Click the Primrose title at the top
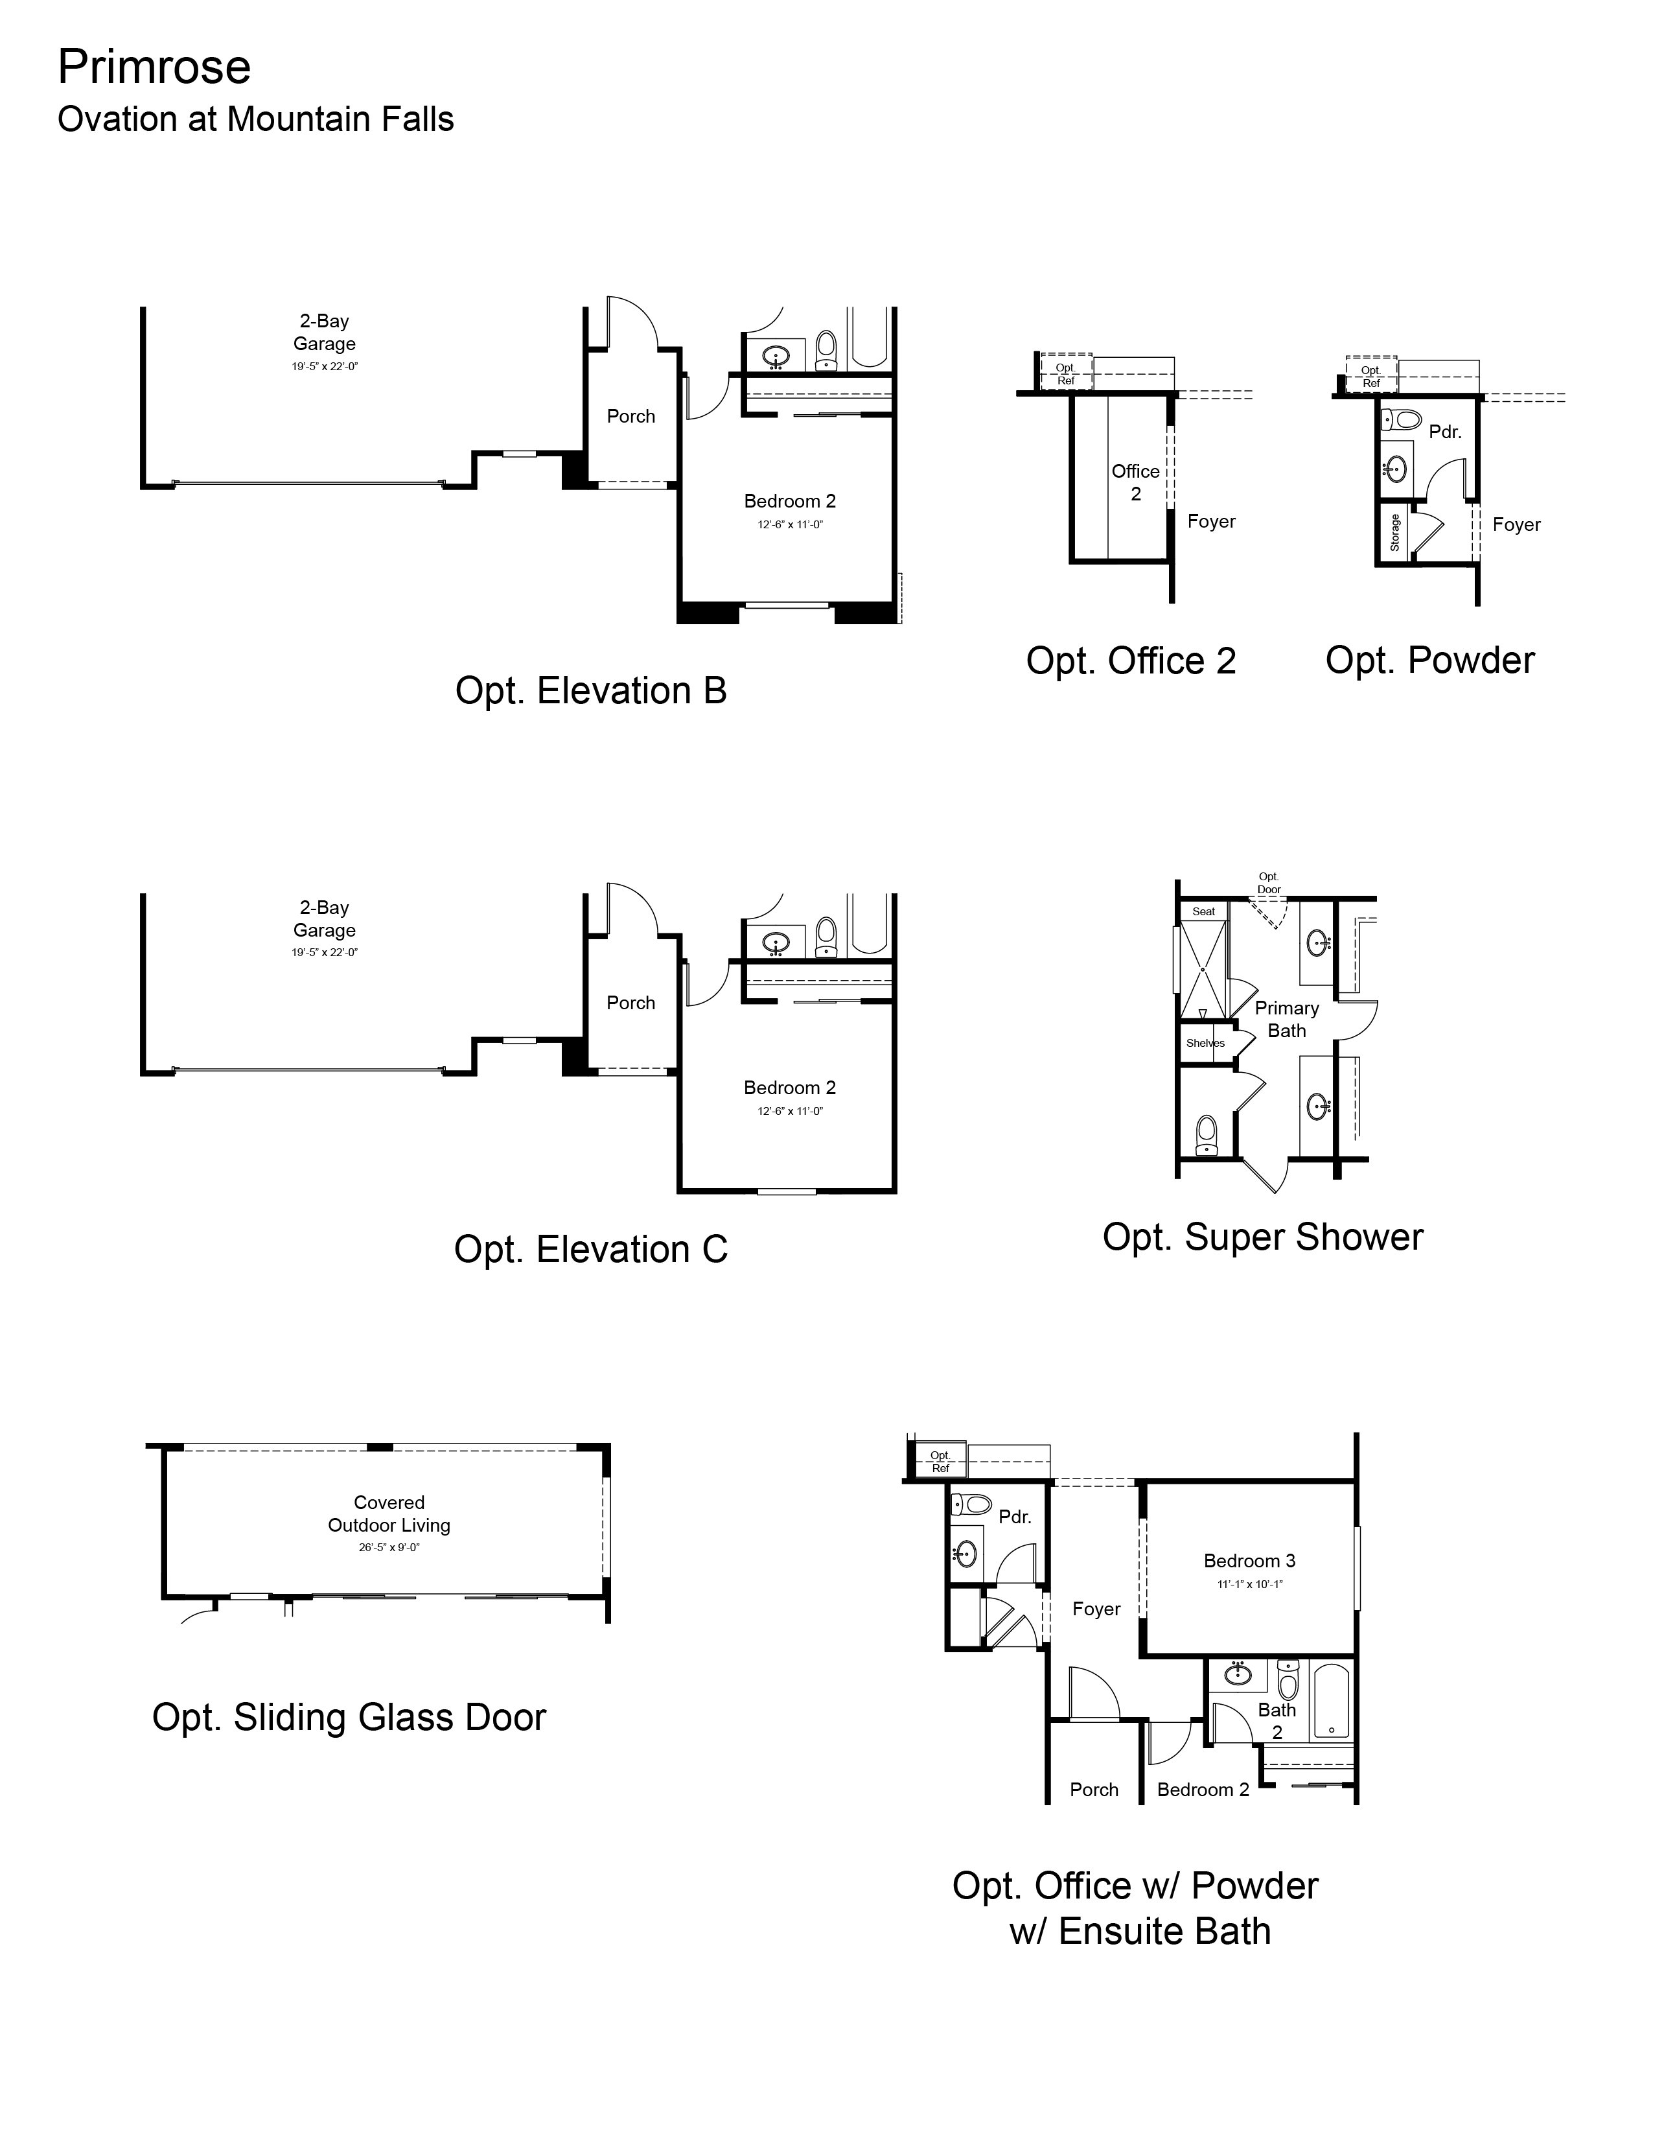tap(154, 67)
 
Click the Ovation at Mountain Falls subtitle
tap(255, 119)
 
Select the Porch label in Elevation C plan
tap(630, 1003)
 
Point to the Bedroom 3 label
tap(1249, 1561)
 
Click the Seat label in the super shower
tap(1203, 911)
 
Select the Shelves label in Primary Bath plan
tap(1205, 1043)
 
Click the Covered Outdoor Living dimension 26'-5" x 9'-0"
tap(389, 1547)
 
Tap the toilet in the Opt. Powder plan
tap(1402, 420)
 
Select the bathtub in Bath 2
tap(1332, 1701)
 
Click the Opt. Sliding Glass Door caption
tap(349, 1718)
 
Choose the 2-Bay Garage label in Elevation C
tap(324, 918)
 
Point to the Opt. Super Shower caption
tap(1262, 1237)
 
